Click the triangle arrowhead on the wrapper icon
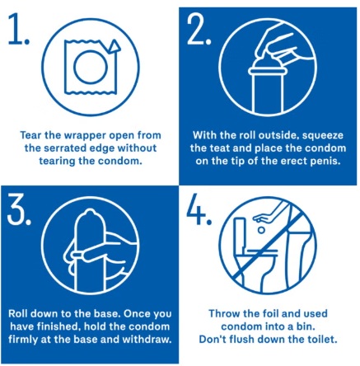115,46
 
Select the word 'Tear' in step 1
30,135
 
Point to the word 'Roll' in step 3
17,313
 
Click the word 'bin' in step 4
306,326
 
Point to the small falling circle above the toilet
261,230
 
